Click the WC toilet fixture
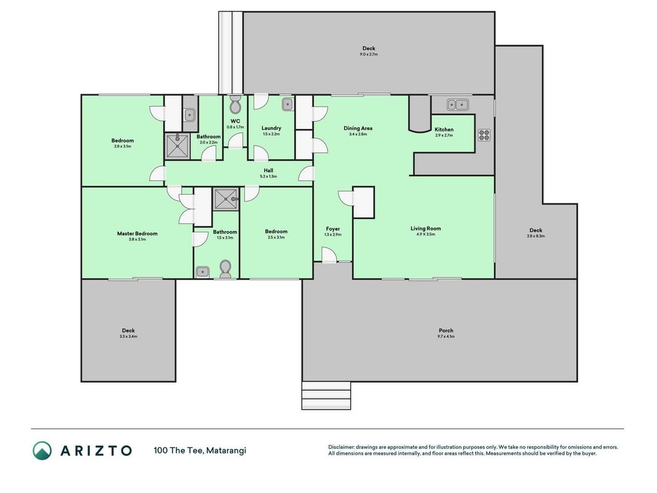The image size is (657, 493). point(235,105)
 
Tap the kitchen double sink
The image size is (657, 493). point(457,104)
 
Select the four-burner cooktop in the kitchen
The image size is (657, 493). point(484,134)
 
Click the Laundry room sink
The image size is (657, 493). point(288,104)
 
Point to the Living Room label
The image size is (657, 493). point(425,229)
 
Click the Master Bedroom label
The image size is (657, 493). point(137,234)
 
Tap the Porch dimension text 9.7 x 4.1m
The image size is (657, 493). point(446,336)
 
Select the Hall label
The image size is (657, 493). point(268,170)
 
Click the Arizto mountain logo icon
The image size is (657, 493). point(42,450)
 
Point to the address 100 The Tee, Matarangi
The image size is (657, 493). point(200,450)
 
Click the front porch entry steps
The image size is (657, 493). point(326,395)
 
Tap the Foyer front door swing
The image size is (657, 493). point(329,255)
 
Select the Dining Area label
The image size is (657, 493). point(358,128)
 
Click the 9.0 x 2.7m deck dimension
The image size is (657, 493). point(369,54)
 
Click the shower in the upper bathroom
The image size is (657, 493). point(178,146)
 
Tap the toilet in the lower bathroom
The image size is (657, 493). point(225,269)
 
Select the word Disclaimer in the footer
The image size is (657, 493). point(342,447)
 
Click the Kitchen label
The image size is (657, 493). point(444,129)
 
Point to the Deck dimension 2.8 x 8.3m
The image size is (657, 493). point(536,236)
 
